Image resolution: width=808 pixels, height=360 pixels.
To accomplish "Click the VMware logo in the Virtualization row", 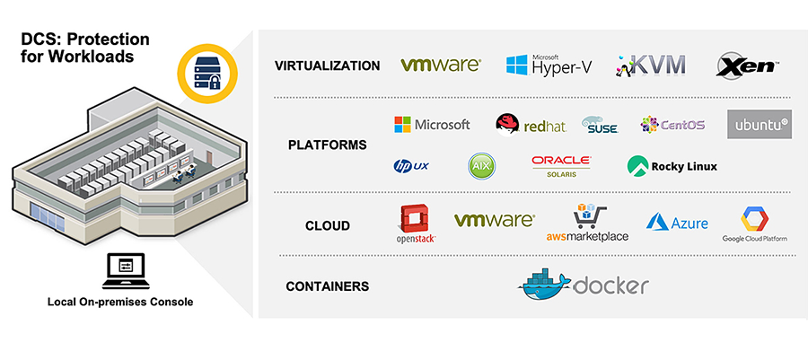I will pyautogui.click(x=441, y=65).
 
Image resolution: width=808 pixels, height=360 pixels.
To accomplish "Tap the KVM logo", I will pyautogui.click(x=651, y=65).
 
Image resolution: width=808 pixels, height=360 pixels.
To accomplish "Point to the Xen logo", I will pyautogui.click(x=747, y=65).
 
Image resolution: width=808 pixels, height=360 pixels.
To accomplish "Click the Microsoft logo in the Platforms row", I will pyautogui.click(x=432, y=125).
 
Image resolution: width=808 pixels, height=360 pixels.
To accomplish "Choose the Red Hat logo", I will pyautogui.click(x=531, y=125).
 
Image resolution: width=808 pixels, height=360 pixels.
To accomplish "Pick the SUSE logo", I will pyautogui.click(x=600, y=126).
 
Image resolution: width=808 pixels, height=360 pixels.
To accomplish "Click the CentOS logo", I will pyautogui.click(x=672, y=125).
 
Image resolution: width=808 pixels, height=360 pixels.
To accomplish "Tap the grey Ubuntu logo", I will pyautogui.click(x=759, y=124).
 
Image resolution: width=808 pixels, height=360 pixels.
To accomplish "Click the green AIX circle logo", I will pyautogui.click(x=482, y=166).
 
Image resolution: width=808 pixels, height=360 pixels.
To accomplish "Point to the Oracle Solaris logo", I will pyautogui.click(x=561, y=165).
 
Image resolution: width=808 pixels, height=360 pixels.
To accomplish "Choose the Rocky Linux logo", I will pyautogui.click(x=672, y=166).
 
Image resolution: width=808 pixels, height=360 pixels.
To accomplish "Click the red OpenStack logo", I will pyautogui.click(x=416, y=224).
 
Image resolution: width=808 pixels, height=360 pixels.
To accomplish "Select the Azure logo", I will pyautogui.click(x=677, y=223).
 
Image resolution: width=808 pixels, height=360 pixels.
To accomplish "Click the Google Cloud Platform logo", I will pyautogui.click(x=753, y=224).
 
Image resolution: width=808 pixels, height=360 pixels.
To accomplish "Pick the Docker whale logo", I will pyautogui.click(x=584, y=284).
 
